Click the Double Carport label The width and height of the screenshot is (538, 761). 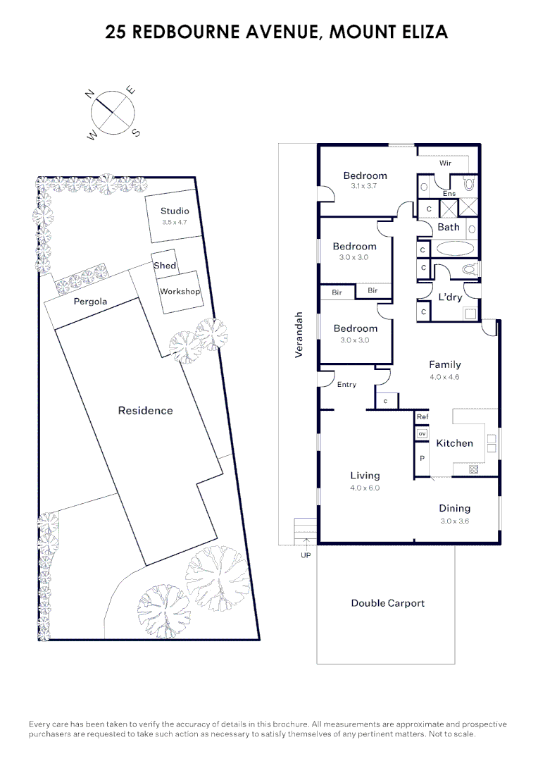(387, 603)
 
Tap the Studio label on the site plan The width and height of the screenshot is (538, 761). (175, 211)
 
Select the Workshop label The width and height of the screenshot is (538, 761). (180, 292)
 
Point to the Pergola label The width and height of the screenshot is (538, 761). (91, 302)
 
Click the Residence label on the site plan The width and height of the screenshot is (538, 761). (145, 411)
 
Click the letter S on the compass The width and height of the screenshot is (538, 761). (136, 132)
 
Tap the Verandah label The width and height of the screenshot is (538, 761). (299, 335)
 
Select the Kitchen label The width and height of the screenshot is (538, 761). (454, 443)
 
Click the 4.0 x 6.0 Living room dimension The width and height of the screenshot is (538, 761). (365, 488)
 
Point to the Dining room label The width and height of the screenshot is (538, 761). (454, 509)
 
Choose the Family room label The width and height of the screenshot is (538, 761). (445, 364)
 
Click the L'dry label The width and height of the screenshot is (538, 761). (450, 297)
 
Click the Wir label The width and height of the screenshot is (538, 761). (445, 163)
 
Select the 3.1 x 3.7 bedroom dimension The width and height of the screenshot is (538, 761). (365, 187)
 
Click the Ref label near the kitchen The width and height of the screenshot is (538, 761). (423, 417)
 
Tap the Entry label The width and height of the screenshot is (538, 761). (346, 385)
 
